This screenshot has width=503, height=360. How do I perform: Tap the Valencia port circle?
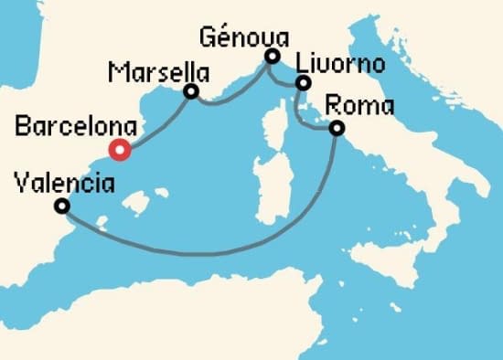point(61,206)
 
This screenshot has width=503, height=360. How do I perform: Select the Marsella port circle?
point(191,91)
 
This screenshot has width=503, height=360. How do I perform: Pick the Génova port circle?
point(271,57)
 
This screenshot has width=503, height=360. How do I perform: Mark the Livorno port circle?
point(302,84)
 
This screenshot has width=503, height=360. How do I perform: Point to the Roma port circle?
point(337,128)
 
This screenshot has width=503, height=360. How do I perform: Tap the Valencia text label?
point(65,184)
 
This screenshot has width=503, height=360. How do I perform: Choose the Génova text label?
point(242,37)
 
